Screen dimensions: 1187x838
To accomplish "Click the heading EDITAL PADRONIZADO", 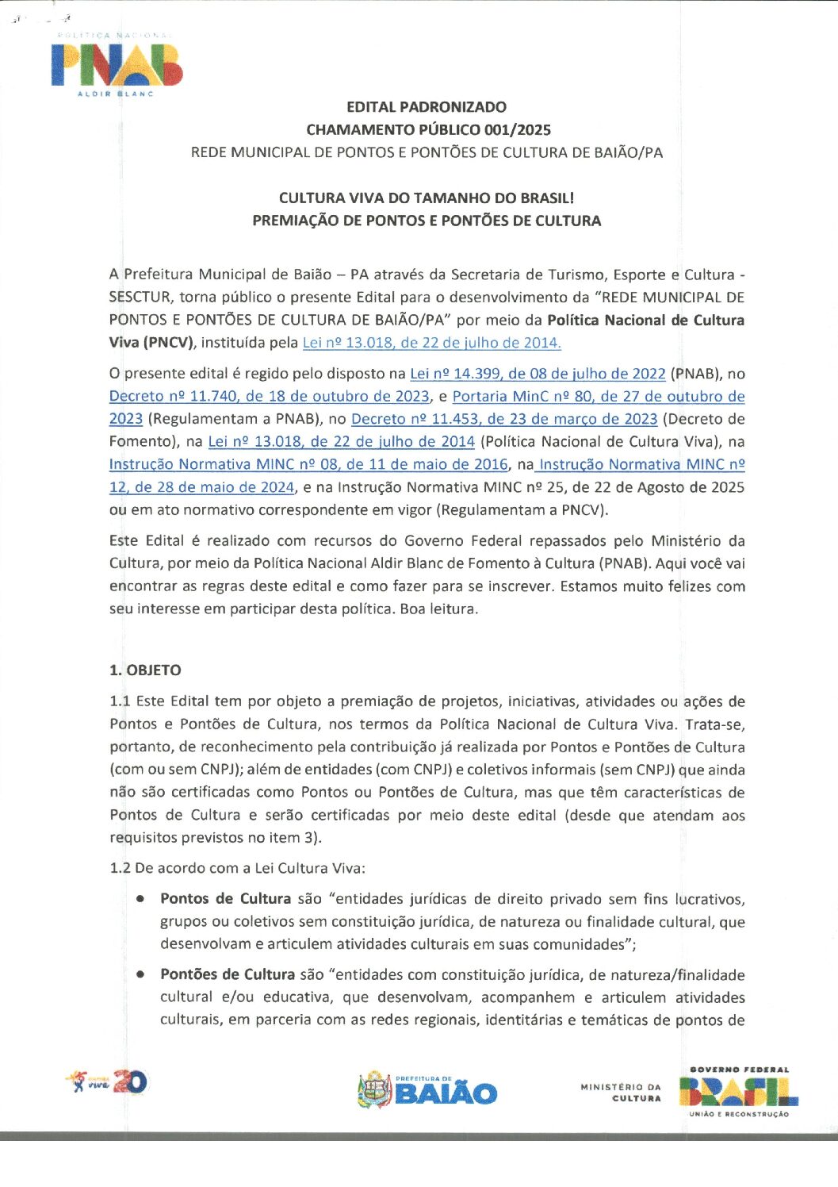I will pyautogui.click(x=427, y=107).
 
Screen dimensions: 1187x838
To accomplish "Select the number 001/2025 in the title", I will pyautogui.click(x=518, y=130).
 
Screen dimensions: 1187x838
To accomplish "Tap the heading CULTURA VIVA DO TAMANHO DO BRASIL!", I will pyautogui.click(x=427, y=198).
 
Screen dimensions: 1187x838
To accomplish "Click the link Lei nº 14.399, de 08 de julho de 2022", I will pyautogui.click(x=538, y=374).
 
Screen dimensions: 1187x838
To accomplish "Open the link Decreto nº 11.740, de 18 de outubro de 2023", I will pyautogui.click(x=270, y=397).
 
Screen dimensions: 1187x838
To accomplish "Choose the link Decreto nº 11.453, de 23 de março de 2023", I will pyautogui.click(x=504, y=419).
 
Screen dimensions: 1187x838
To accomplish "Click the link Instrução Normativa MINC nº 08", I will pyautogui.click(x=308, y=465).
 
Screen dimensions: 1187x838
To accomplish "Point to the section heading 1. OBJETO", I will pyautogui.click(x=145, y=670).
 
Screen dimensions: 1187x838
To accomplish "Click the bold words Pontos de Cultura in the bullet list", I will pyautogui.click(x=225, y=899).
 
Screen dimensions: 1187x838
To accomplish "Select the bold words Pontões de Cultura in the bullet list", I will pyautogui.click(x=228, y=974).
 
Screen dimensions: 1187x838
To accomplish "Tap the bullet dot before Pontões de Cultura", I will pyautogui.click(x=140, y=974).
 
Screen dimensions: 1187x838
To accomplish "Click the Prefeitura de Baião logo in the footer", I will pyautogui.click(x=427, y=1091).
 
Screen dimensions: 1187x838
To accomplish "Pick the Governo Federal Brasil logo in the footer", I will pyautogui.click(x=738, y=1093).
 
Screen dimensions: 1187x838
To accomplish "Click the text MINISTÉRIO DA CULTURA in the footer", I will pyautogui.click(x=621, y=1093).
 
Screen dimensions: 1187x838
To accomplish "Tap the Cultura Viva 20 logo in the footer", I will pyautogui.click(x=108, y=1081).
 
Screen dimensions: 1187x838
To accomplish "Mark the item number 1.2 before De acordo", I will pyautogui.click(x=120, y=868).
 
